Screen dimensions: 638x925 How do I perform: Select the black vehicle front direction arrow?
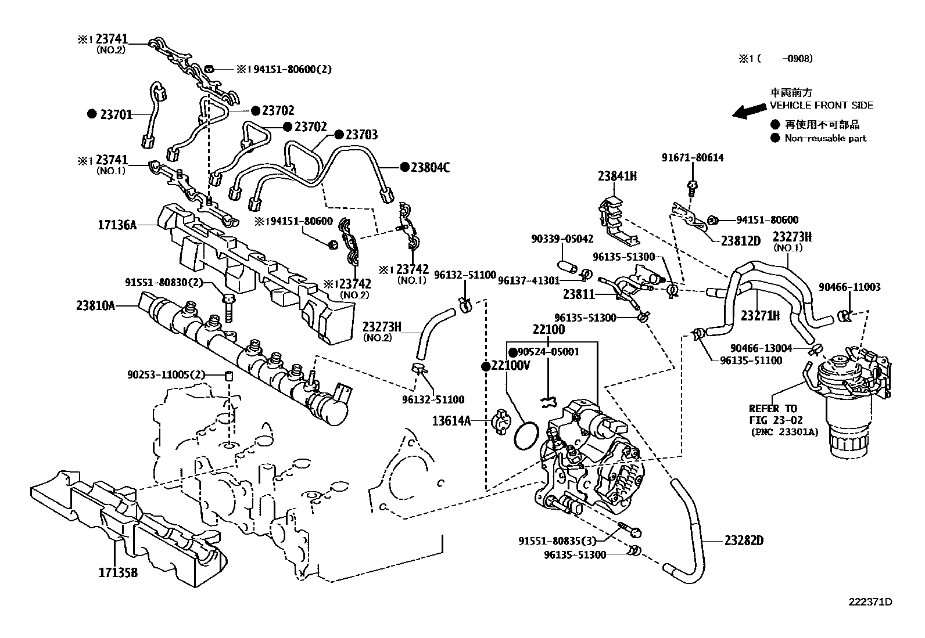pos(748,111)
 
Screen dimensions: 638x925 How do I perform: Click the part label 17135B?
pos(118,573)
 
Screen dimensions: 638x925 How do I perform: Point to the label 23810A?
pos(95,305)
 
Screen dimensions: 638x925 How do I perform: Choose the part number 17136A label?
pos(117,225)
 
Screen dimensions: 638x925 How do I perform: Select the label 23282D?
pos(744,540)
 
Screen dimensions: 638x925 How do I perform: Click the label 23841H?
pos(617,176)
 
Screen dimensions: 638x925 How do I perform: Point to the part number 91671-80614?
pos(693,157)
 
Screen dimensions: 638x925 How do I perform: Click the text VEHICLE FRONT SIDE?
pos(821,105)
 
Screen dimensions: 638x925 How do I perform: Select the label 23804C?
pos(430,168)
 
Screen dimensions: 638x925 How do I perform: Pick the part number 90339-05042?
pos(562,239)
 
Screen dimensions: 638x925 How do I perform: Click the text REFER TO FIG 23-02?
pos(773,414)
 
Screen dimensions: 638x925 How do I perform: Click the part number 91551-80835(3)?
pos(557,540)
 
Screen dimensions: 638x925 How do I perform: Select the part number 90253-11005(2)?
pos(166,375)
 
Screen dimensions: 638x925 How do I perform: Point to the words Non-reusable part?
pos(825,138)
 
